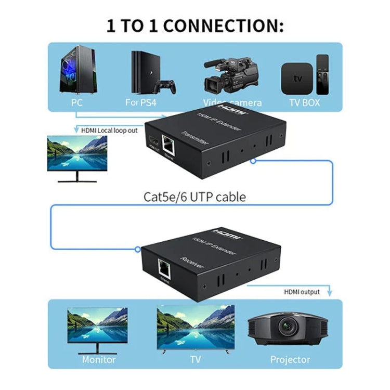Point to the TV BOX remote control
click(x=322, y=74)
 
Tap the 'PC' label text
click(x=76, y=102)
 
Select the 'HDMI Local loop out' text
click(x=109, y=130)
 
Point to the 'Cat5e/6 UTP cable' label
click(x=194, y=197)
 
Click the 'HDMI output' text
click(x=301, y=292)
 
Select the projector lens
click(x=287, y=327)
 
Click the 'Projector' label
click(x=290, y=359)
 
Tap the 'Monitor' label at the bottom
click(x=99, y=359)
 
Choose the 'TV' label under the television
click(x=194, y=359)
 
